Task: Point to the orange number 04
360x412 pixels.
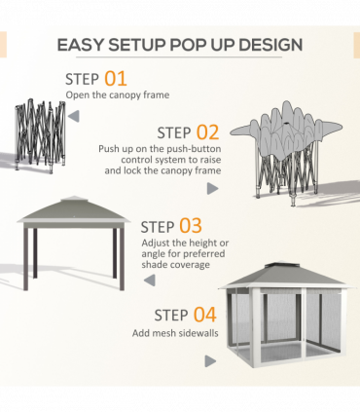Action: pos(203,315)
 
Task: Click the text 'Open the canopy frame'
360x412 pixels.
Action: pos(117,95)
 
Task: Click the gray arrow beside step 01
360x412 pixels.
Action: pos(74,116)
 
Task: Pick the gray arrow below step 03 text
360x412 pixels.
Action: pos(149,281)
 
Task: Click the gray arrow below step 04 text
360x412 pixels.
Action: pos(210,361)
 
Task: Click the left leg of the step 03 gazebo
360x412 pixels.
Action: pos(26,258)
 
